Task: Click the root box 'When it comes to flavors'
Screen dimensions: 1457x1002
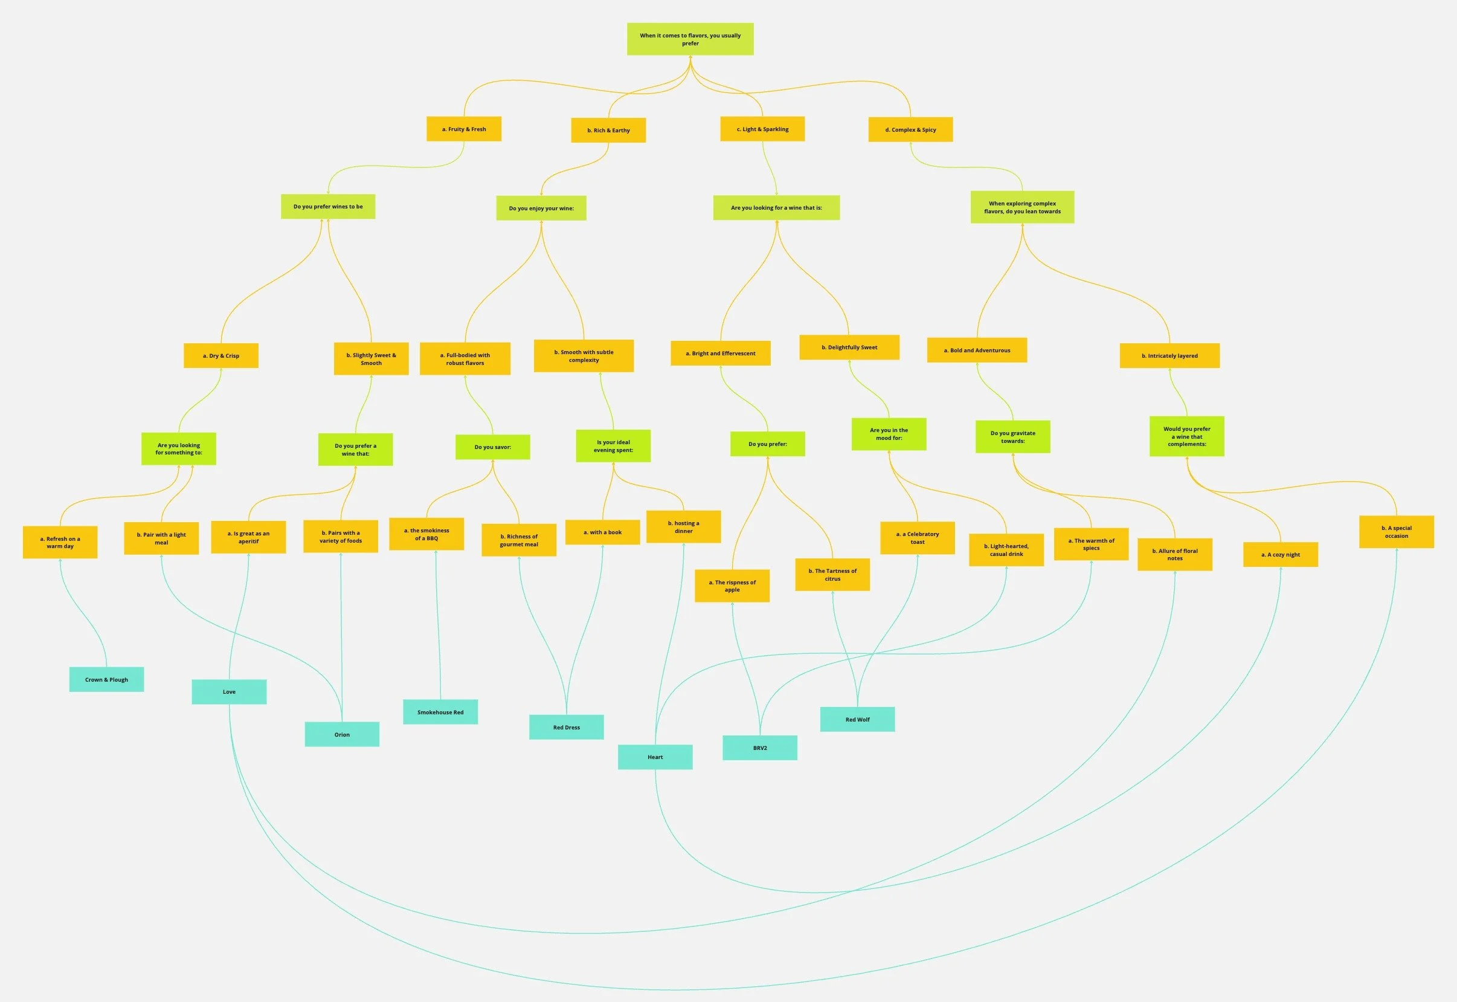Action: coord(690,39)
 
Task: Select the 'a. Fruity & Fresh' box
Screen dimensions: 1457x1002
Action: coord(464,129)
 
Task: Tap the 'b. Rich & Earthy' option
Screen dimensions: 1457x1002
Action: coord(608,130)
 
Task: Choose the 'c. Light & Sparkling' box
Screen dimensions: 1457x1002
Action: coord(762,129)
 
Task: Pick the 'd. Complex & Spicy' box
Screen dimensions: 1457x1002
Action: coord(910,129)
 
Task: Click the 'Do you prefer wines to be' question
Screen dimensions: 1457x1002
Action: coord(327,207)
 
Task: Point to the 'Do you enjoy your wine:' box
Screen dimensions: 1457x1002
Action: coord(541,208)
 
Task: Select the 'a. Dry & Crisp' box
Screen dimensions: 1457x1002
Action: coord(221,355)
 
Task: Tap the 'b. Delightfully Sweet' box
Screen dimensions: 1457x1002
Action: coord(849,347)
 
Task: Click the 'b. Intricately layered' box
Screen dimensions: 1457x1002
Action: coord(1169,355)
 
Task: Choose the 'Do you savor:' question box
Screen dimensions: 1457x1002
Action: coord(492,447)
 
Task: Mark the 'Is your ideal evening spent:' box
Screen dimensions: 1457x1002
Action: coord(613,446)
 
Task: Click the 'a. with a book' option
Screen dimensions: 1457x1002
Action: coord(602,532)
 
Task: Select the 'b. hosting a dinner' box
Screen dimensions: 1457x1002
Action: coord(683,527)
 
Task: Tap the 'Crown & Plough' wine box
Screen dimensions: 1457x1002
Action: coord(107,679)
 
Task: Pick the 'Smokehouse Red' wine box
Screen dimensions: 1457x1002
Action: coord(440,712)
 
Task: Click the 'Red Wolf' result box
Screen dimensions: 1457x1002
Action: coord(857,720)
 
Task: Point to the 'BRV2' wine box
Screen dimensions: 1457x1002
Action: coord(759,748)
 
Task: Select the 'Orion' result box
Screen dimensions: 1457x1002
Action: coord(341,734)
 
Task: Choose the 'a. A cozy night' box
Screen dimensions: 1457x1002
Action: coord(1280,554)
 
